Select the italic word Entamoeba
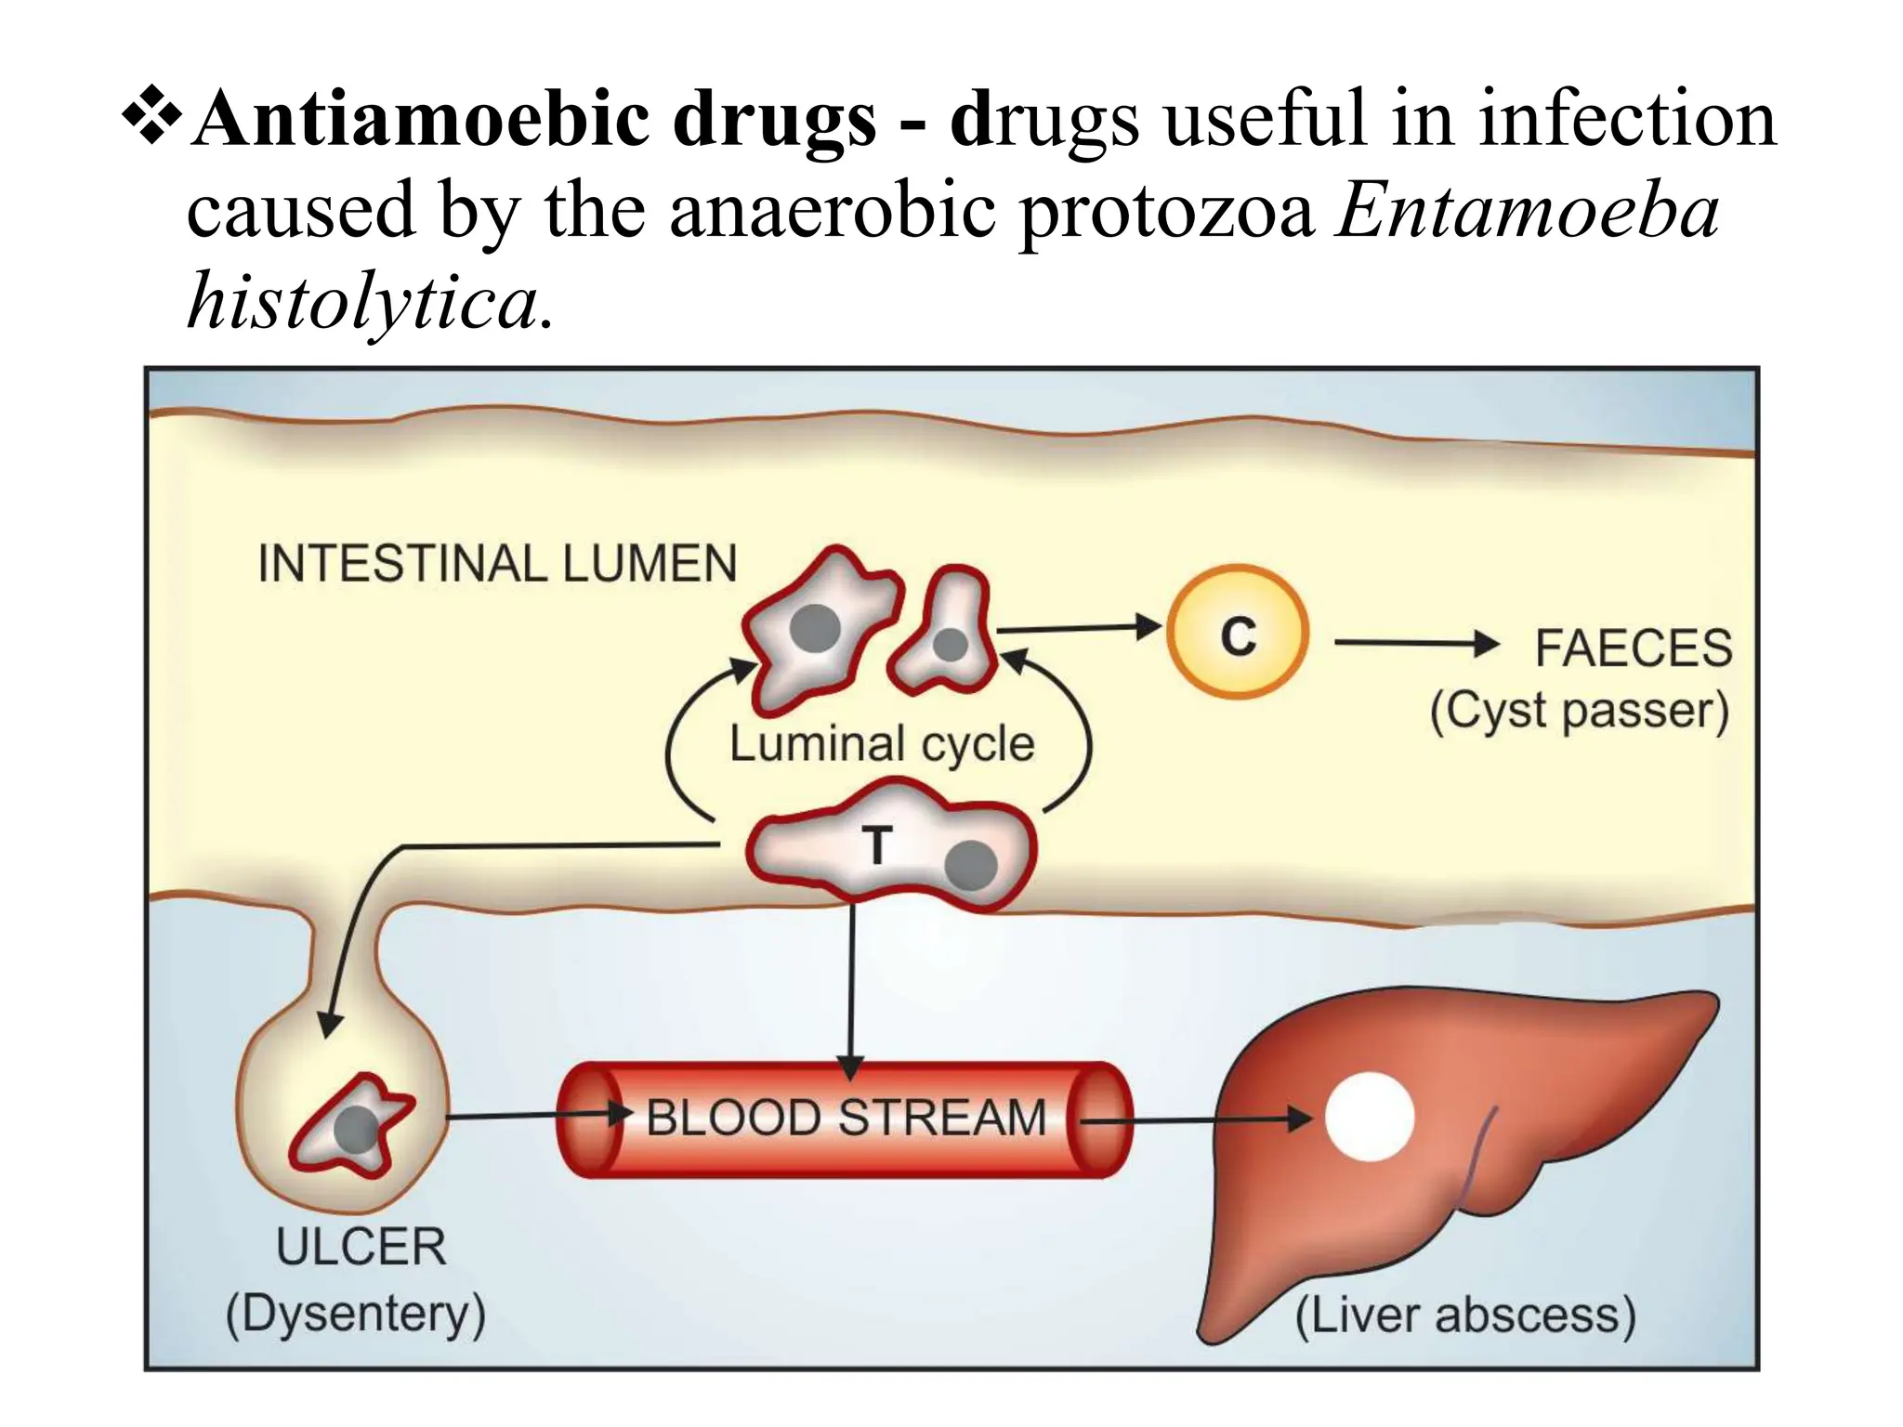[x=1527, y=212]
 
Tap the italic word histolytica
[x=362, y=303]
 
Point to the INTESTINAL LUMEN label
[x=497, y=564]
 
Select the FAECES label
[x=1633, y=648]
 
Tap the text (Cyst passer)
[x=1579, y=712]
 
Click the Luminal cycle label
[x=881, y=744]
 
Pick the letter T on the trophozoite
[x=875, y=845]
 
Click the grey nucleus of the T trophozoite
[x=971, y=866]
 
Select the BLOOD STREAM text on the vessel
[x=847, y=1118]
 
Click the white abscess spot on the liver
[x=1369, y=1118]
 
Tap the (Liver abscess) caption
[x=1465, y=1316]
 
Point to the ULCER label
[x=361, y=1247]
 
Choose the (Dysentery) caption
[x=356, y=1314]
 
